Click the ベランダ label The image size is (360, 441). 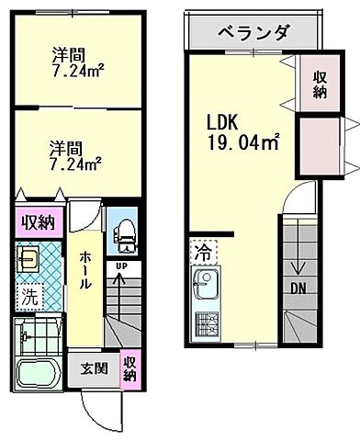253,34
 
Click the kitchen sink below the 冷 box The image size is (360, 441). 203,287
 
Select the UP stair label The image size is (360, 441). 120,266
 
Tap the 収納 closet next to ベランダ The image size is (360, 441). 319,85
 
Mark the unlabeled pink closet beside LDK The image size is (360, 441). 321,144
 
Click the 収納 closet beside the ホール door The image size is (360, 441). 37,221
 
